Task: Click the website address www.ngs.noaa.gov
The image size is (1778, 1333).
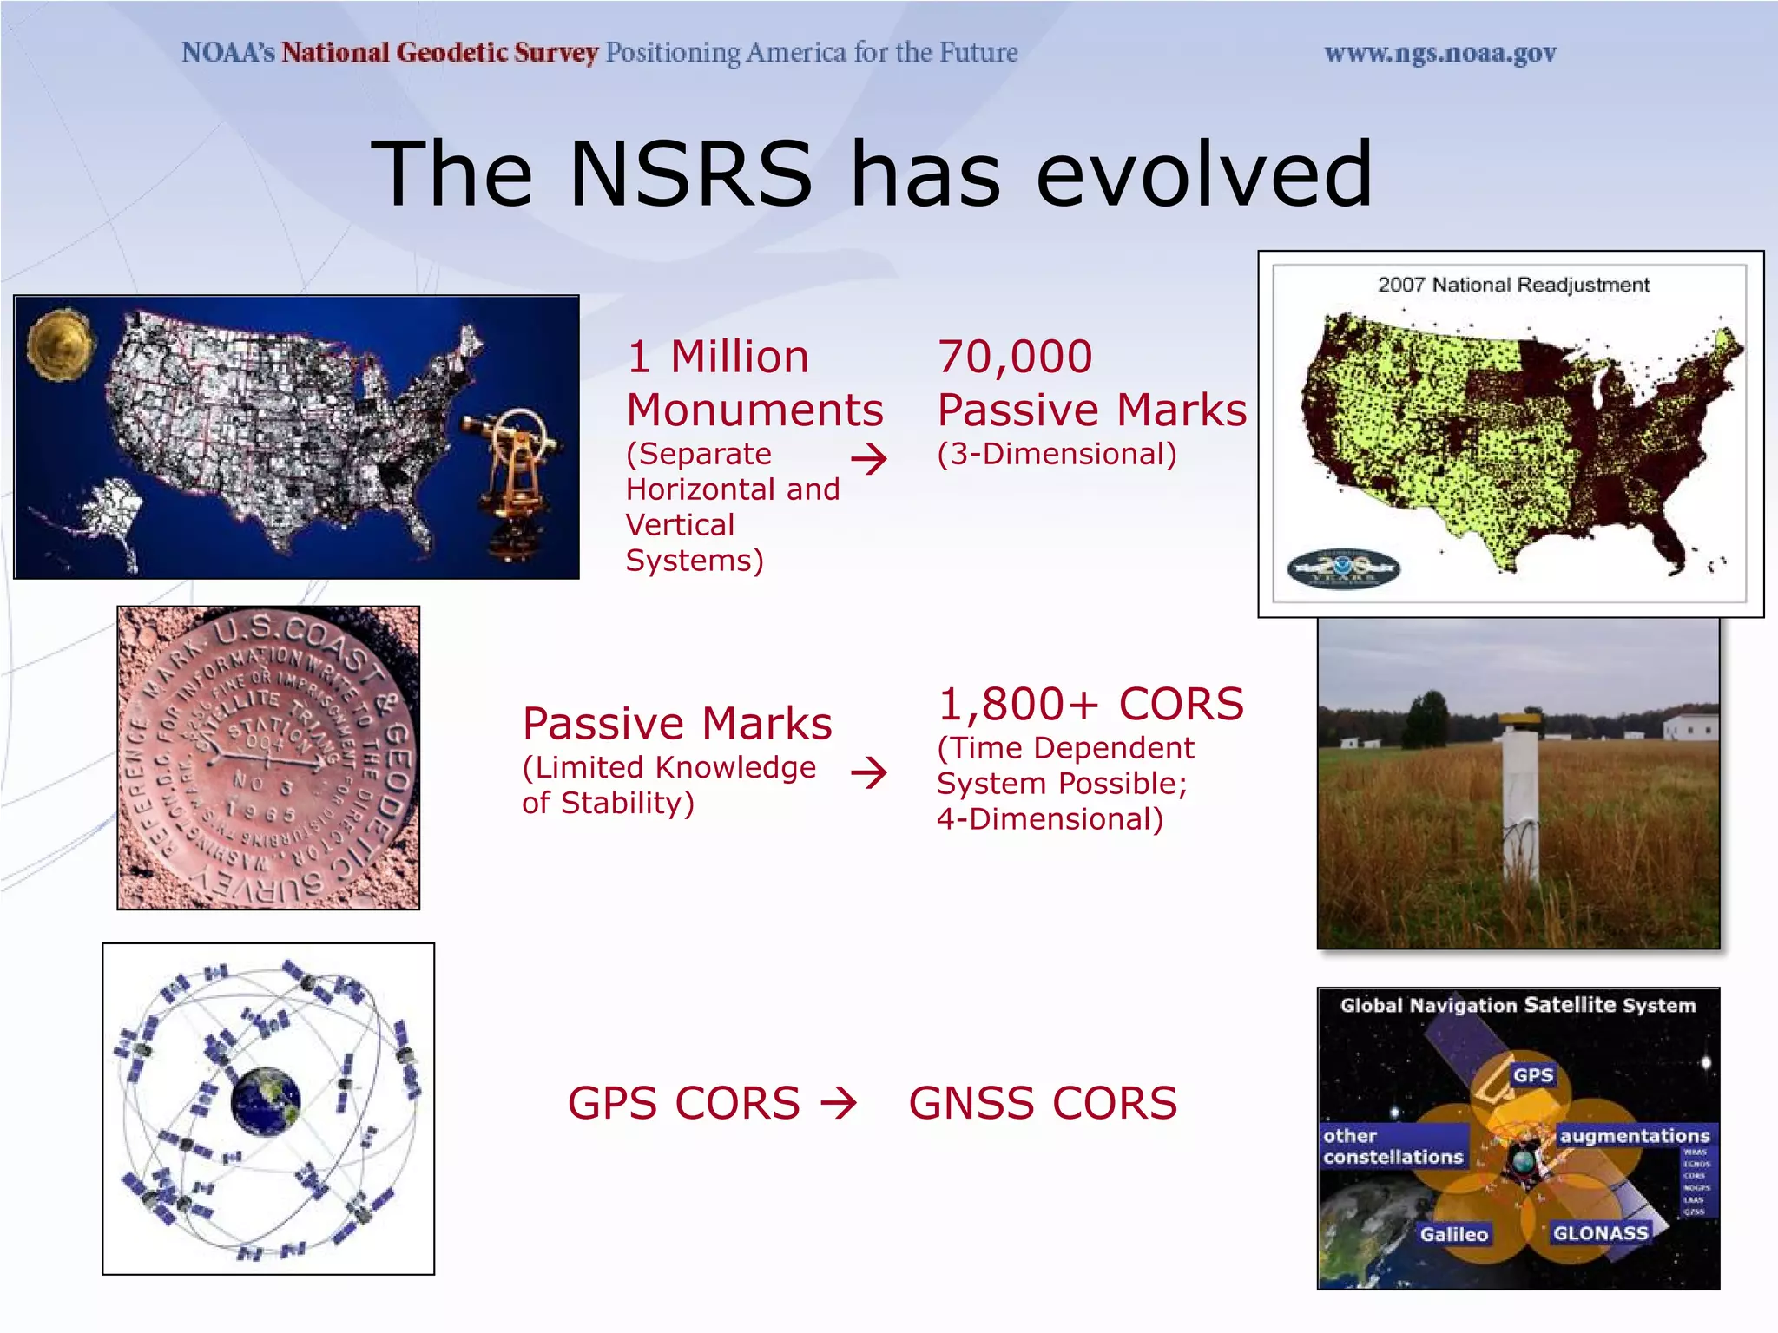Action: [x=1439, y=54]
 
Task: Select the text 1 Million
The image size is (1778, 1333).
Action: [x=718, y=357]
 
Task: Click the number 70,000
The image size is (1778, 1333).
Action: [x=1014, y=357]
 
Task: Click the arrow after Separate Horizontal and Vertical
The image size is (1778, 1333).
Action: [x=869, y=458]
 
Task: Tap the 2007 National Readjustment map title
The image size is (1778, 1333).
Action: [x=1512, y=285]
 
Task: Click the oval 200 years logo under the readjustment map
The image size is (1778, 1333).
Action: [x=1342, y=569]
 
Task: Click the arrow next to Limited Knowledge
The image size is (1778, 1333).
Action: [x=869, y=772]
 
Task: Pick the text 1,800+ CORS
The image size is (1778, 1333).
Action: [x=1090, y=704]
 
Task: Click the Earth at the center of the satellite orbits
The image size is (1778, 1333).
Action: [x=266, y=1101]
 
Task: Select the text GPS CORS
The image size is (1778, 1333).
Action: [x=683, y=1103]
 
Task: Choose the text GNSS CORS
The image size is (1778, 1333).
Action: [x=1043, y=1103]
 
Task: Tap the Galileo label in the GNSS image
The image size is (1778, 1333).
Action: [x=1453, y=1234]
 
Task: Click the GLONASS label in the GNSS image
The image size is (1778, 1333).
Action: [x=1599, y=1233]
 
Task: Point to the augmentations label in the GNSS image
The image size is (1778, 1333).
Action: [x=1634, y=1136]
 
